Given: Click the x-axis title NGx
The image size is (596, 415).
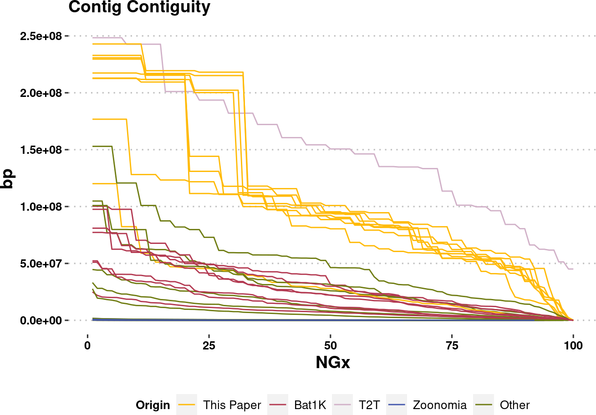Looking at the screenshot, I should tap(332, 363).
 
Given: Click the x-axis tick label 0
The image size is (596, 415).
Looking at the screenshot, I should tap(87, 345).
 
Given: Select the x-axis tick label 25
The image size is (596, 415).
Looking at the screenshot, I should tap(209, 345).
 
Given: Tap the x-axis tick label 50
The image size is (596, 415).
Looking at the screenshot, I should tap(330, 345).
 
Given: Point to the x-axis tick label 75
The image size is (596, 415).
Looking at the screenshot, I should tap(452, 345).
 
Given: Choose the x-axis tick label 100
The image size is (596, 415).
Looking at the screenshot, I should tap(573, 345).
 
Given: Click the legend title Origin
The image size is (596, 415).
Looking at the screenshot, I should tap(153, 405).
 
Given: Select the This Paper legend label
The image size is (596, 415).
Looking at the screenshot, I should tap(232, 405).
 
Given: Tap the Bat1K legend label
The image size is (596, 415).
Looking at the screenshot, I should tap(310, 405).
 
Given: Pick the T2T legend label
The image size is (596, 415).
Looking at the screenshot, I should tap(370, 405).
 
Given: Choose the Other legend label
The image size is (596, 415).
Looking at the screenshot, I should tap(514, 405).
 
